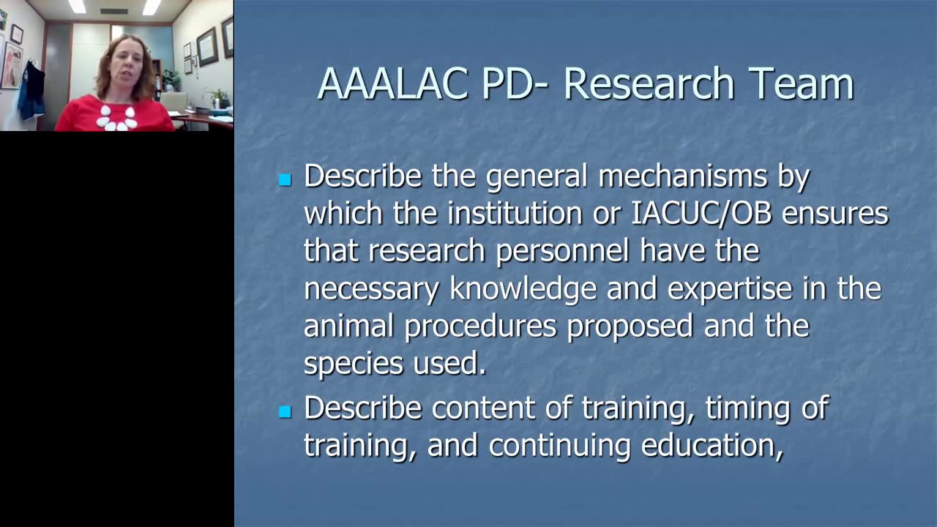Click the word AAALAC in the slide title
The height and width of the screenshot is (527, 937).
pyautogui.click(x=393, y=83)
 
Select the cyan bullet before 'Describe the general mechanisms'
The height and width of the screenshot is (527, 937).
pyautogui.click(x=285, y=179)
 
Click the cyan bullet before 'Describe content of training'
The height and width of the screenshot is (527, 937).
pyautogui.click(x=285, y=412)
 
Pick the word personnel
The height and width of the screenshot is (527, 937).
pyautogui.click(x=562, y=251)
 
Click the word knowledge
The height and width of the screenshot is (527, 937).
pyautogui.click(x=523, y=288)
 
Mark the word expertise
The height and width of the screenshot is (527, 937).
pyautogui.click(x=730, y=288)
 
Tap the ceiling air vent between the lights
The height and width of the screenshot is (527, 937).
pyautogui.click(x=113, y=11)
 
